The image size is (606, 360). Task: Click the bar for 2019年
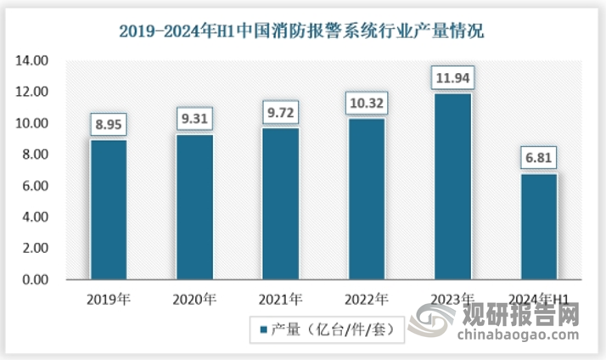109,210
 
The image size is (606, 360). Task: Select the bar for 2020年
194,206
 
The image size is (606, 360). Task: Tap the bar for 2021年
281,204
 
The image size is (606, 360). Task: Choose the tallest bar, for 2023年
452,186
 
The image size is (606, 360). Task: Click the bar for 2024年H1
539,227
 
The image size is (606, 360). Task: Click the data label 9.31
195,119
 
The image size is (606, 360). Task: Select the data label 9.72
281,112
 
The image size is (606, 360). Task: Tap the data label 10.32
367,103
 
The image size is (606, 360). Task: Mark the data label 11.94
452,78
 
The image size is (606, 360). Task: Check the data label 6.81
539,158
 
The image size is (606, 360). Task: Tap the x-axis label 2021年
281,298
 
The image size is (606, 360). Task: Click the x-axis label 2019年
109,298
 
